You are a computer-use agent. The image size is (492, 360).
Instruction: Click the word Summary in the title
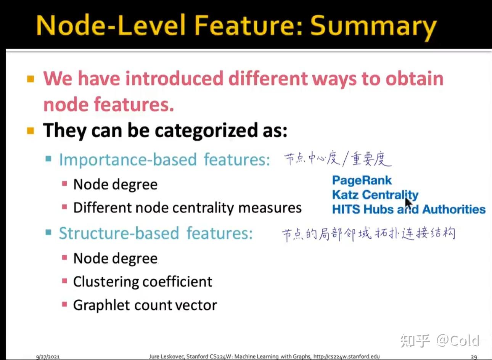(374, 26)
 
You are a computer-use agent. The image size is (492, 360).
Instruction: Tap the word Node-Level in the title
(111, 25)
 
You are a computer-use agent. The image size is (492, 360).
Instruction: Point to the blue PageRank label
(362, 181)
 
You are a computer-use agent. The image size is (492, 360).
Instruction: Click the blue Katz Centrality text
(375, 195)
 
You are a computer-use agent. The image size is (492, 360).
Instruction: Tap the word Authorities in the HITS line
(454, 209)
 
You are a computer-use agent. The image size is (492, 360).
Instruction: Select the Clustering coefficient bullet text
(143, 282)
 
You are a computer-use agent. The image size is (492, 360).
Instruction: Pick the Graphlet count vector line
(145, 305)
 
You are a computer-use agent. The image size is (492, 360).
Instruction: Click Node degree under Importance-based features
(115, 185)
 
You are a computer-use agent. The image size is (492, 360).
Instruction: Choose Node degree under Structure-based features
(115, 259)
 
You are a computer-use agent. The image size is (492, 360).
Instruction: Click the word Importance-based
(128, 160)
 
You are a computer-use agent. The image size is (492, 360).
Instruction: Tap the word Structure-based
(119, 233)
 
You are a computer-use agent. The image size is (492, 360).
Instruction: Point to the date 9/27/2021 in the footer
(48, 357)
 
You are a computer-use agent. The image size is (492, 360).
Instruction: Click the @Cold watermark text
(458, 341)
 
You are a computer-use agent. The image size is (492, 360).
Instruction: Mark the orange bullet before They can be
(30, 130)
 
